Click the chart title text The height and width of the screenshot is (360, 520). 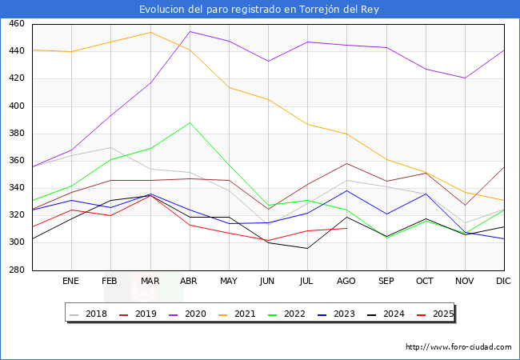click(259, 10)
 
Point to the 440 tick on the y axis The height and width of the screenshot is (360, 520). click(17, 52)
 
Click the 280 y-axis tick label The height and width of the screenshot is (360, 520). click(17, 270)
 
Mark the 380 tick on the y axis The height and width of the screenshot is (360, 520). click(17, 134)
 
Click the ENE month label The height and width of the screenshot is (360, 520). click(71, 282)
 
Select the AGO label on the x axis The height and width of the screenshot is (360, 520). click(346, 282)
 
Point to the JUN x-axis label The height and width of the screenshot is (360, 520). click(268, 282)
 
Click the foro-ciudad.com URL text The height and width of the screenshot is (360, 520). click(458, 347)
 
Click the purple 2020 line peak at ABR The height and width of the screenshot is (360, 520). click(190, 32)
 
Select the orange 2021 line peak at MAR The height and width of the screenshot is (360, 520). click(150, 32)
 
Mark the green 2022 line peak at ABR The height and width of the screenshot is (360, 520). click(190, 122)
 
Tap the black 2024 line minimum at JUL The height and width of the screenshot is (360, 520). click(307, 248)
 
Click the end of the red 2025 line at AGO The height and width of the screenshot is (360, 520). click(346, 228)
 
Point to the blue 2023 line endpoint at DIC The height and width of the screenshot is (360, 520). click(504, 238)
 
